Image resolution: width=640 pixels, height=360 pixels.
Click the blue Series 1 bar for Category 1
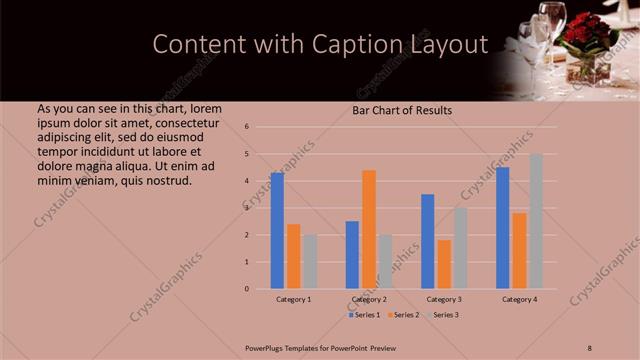(x=277, y=231)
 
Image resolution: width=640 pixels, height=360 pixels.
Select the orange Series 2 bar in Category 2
(x=369, y=229)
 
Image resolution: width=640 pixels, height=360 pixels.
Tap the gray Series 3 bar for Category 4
(x=536, y=221)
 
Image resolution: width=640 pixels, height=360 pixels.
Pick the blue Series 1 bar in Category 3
(x=428, y=241)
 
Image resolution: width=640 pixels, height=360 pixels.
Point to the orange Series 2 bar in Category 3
(x=444, y=264)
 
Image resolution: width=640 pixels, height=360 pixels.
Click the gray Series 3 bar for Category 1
(x=310, y=262)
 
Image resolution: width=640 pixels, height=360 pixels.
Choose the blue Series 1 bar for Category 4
(x=503, y=228)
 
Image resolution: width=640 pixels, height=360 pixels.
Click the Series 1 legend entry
(x=367, y=315)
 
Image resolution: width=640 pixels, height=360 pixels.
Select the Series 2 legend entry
(x=405, y=315)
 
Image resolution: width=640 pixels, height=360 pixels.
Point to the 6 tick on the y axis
(x=246, y=127)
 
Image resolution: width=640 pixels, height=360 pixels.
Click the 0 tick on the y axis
(x=246, y=289)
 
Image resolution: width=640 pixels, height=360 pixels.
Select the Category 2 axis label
(x=369, y=299)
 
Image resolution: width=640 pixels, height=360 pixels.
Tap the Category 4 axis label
(x=520, y=299)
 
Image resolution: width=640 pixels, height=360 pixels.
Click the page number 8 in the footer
(x=590, y=347)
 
